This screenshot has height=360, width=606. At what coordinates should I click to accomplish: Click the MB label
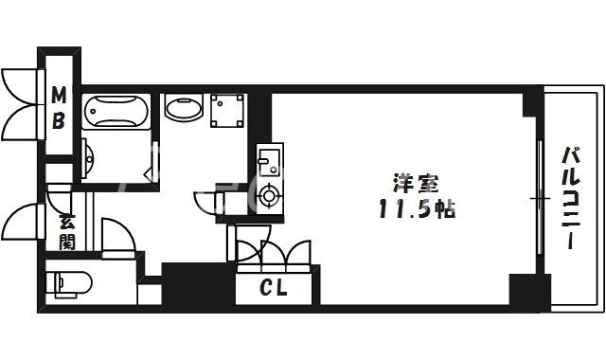pos(59,107)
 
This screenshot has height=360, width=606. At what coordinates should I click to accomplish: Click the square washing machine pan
pos(227,111)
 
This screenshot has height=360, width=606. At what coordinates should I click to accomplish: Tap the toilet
pos(69,281)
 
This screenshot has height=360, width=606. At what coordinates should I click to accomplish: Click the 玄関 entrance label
pos(67,232)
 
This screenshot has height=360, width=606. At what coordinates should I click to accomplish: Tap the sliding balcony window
pos(540,197)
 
